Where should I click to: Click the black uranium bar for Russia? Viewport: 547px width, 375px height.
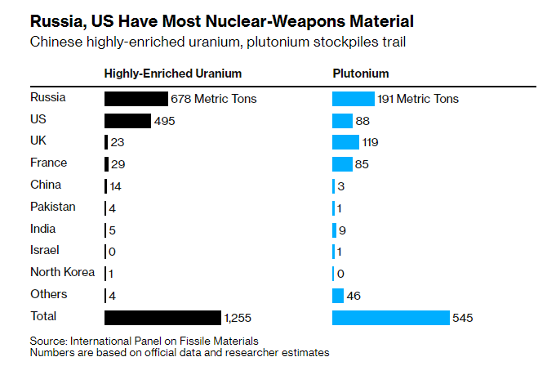coord(136,99)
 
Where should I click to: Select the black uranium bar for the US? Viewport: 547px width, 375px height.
coord(127,121)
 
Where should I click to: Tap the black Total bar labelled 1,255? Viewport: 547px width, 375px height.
coord(162,317)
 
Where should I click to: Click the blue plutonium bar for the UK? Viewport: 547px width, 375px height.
coord(345,142)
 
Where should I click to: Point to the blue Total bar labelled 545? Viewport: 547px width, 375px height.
coord(390,317)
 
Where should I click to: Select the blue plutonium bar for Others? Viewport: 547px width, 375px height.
coord(338,295)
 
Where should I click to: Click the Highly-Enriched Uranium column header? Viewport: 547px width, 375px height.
coord(173,74)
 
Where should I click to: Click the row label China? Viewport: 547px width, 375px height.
coord(46,185)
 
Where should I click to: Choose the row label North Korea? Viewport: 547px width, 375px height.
coord(62,272)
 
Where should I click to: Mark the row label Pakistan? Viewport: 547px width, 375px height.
coord(52,207)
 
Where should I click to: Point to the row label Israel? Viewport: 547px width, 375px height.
coord(45,250)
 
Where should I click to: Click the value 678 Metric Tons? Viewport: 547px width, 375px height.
coord(213,99)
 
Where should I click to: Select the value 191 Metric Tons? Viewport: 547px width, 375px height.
coord(418,99)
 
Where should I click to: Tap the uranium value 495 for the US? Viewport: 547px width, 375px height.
coord(165,121)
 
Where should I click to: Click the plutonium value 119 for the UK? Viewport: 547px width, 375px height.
coord(370,142)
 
